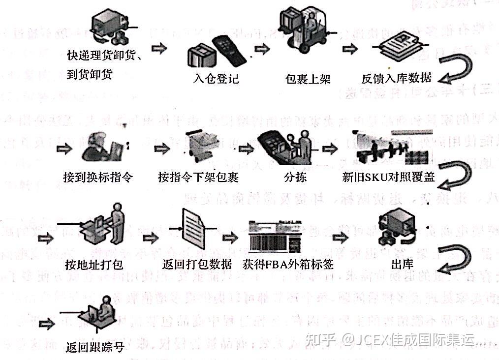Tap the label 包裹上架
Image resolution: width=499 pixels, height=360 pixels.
[308, 79]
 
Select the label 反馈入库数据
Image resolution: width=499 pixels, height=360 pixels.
[397, 78]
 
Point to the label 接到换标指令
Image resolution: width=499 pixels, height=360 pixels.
[98, 177]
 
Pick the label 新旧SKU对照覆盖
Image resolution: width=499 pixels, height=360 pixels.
[388, 177]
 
